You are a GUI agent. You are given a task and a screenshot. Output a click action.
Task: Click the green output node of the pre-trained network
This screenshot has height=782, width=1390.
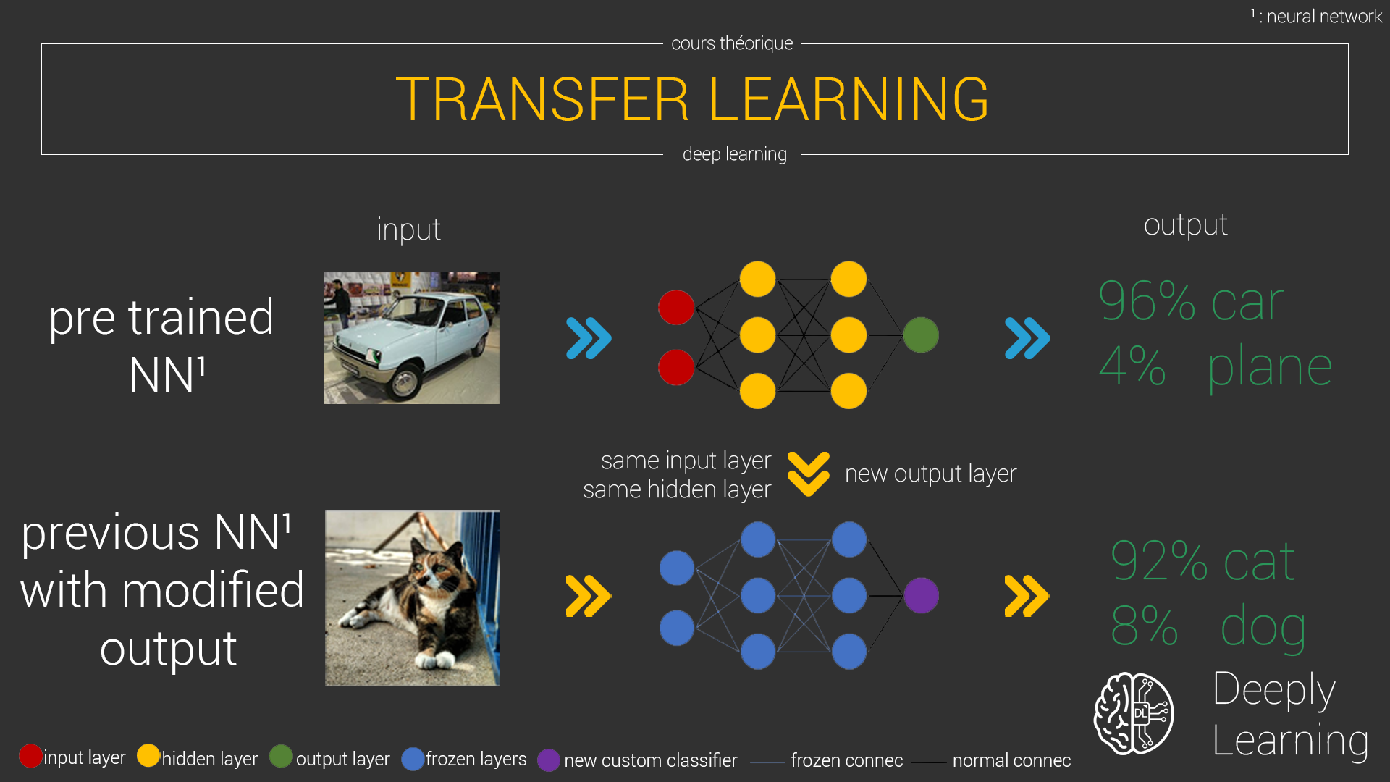coord(921,335)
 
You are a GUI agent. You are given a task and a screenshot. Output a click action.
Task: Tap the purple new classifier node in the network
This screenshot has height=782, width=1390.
coord(921,596)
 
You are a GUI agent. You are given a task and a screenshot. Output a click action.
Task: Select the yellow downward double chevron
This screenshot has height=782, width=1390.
coord(809,474)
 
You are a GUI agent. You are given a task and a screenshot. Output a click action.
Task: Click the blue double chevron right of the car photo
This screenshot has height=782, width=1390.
coord(589,338)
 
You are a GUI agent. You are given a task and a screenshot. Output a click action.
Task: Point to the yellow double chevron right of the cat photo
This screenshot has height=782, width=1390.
coord(589,596)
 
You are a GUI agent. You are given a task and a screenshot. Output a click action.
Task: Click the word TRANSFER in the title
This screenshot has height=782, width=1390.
coord(542,99)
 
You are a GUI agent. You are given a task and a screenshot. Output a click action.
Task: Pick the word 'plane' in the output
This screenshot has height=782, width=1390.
coord(1270,368)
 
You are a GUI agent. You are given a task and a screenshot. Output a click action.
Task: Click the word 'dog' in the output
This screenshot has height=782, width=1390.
coord(1263,627)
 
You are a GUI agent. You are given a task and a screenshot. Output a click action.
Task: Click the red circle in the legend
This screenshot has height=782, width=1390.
coord(30,756)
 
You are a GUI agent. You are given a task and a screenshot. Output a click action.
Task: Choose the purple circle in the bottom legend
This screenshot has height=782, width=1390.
coord(549,760)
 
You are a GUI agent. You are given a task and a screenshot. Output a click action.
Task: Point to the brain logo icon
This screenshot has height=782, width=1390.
coord(1134,713)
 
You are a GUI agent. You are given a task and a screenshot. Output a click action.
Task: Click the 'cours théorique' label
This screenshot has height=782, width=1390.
coord(732,43)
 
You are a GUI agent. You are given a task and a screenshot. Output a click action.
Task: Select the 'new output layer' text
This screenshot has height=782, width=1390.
coord(931,474)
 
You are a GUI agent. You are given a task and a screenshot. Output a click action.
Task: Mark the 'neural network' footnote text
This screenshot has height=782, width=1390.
coord(1324,16)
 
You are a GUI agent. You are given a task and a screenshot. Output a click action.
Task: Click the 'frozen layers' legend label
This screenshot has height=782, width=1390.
coord(476,759)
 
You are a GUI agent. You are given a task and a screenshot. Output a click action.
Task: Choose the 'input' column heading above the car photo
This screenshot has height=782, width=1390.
coord(408,230)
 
